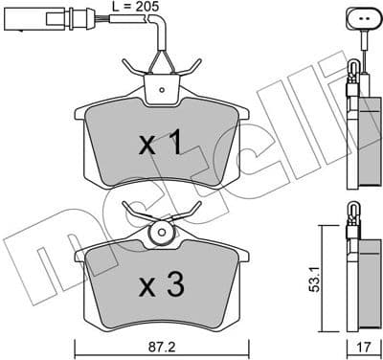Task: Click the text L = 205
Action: [x=134, y=7]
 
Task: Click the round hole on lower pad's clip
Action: [x=160, y=233]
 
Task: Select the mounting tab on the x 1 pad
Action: [x=160, y=89]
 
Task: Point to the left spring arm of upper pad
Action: [x=134, y=66]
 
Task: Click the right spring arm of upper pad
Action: [x=189, y=66]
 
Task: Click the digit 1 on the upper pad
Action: [x=173, y=145]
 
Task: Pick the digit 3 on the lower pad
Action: [x=173, y=284]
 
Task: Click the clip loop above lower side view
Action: [x=353, y=212]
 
